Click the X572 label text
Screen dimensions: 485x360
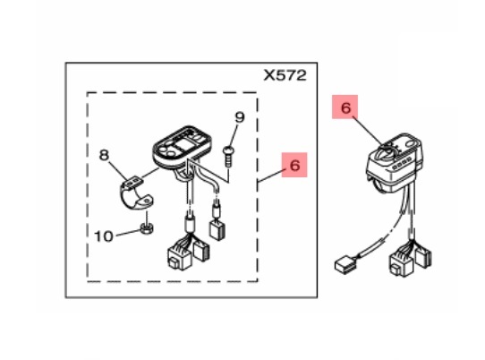pos(285,75)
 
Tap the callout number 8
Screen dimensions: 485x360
pos(104,155)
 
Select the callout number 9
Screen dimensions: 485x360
pos(240,117)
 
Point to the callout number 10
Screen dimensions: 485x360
pos(104,236)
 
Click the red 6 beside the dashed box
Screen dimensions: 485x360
pos(294,165)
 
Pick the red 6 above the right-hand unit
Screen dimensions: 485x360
pos(345,107)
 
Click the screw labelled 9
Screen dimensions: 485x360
pos(228,157)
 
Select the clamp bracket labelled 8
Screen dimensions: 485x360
pos(136,193)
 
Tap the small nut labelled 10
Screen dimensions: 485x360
pos(147,228)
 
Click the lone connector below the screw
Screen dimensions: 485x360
pos(217,229)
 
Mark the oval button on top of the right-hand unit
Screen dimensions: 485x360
pos(410,143)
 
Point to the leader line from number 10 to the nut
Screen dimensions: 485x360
pos(127,234)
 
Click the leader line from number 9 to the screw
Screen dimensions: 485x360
pos(234,135)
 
